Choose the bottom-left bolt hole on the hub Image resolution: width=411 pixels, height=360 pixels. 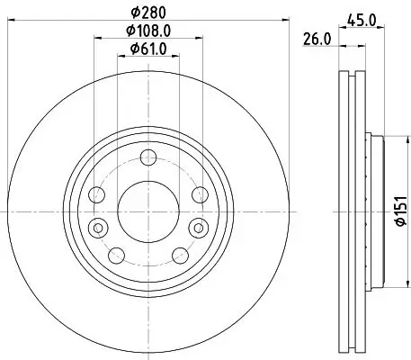pos(115,256)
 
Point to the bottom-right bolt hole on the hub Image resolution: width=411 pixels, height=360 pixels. pos(179,256)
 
